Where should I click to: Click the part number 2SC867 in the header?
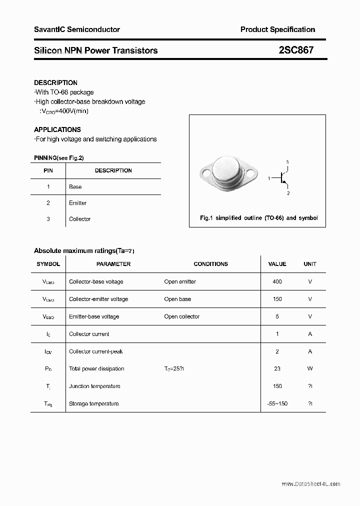click(296, 50)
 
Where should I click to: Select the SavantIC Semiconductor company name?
click(77, 29)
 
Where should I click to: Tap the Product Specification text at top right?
click(277, 29)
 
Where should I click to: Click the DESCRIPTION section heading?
click(55, 82)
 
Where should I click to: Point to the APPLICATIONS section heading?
click(57, 129)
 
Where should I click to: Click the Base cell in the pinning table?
click(75, 186)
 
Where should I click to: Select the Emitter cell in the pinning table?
click(77, 203)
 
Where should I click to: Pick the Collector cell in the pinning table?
click(79, 219)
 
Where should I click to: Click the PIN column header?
click(48, 170)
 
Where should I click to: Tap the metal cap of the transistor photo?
click(227, 171)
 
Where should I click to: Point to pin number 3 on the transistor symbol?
click(287, 162)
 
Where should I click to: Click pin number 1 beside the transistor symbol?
click(269, 178)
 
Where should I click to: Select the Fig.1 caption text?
click(258, 218)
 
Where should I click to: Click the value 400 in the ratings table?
click(277, 281)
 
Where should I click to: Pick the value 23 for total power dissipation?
click(277, 368)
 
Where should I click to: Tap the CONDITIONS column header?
click(210, 264)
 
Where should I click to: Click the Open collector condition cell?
click(181, 316)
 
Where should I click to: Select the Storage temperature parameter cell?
click(93, 403)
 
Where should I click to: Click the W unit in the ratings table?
click(310, 368)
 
